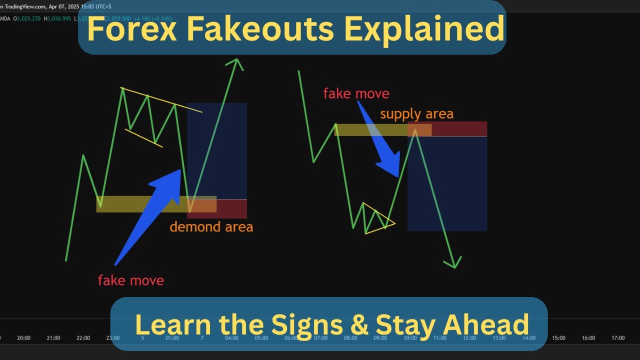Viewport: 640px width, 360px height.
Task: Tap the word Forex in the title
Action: [x=132, y=28]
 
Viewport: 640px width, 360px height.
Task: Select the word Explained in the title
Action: [x=422, y=28]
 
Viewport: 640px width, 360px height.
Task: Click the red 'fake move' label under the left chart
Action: [x=130, y=280]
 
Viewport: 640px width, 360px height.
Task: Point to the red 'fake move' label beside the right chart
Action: [x=356, y=93]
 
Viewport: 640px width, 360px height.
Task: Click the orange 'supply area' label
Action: [x=416, y=114]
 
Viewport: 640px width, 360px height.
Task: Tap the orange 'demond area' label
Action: [x=211, y=227]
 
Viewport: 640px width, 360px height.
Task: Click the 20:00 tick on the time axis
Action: [x=23, y=338]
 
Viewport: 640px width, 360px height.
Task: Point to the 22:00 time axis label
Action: [x=83, y=338]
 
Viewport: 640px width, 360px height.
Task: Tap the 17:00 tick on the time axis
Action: [x=617, y=338]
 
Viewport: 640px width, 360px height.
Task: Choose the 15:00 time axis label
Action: [x=558, y=338]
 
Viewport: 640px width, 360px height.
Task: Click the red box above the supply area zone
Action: [x=459, y=129]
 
